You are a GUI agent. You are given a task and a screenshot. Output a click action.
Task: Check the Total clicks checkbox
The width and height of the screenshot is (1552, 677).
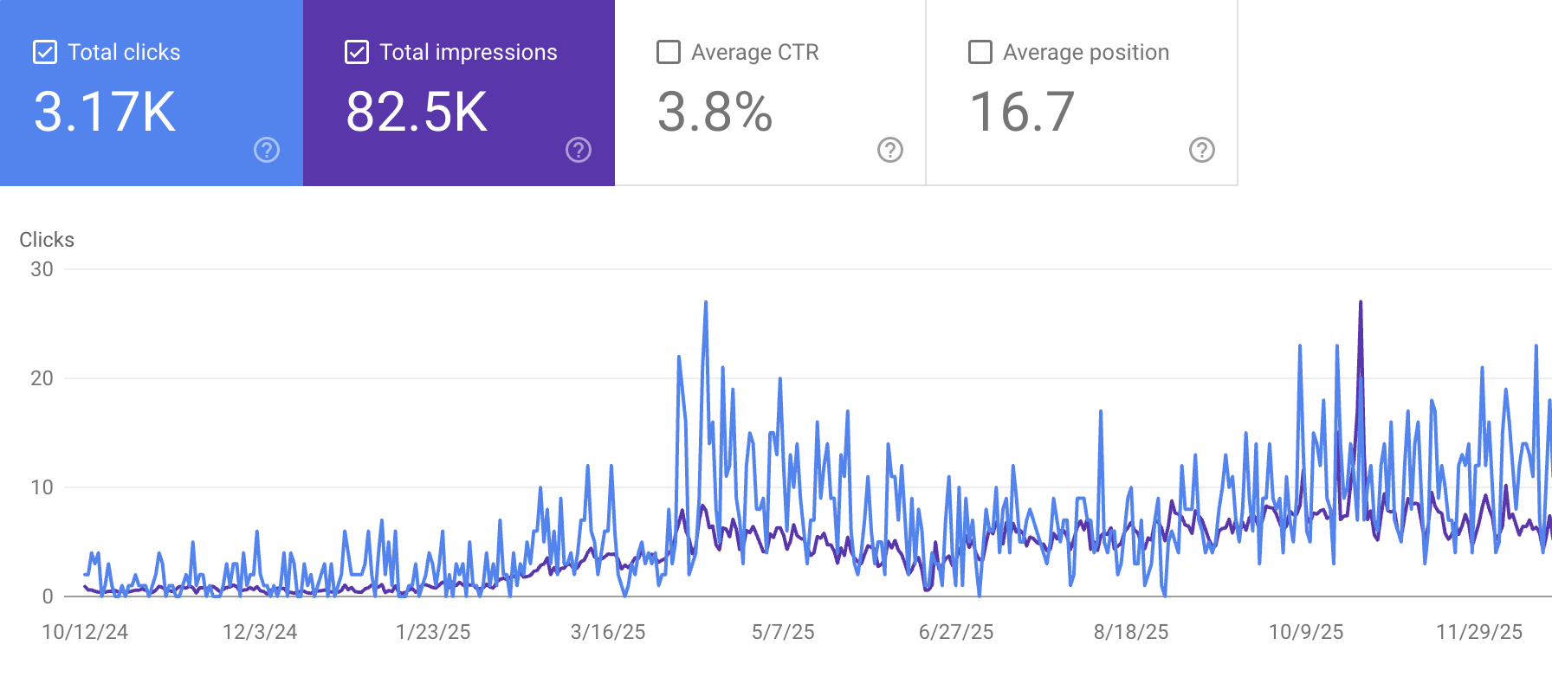(45, 52)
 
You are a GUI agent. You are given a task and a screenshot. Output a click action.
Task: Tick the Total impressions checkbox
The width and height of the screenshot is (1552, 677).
(357, 52)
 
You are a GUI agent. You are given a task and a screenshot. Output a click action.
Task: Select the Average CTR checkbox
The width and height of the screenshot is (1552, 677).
(669, 52)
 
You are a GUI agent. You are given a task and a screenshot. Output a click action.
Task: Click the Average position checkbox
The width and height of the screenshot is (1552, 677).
(980, 52)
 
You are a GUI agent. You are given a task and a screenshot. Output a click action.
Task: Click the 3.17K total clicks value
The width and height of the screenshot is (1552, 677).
(105, 113)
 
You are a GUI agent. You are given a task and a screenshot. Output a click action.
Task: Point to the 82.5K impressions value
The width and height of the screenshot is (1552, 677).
(417, 113)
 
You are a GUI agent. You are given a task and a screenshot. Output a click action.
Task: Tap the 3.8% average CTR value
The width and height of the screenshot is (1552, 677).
(715, 113)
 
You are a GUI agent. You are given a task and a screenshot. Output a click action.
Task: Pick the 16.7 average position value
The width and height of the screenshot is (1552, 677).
(1022, 113)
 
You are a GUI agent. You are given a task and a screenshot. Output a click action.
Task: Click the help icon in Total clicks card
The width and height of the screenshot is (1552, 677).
(267, 150)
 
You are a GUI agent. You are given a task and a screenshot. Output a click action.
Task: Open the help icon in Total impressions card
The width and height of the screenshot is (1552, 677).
(579, 150)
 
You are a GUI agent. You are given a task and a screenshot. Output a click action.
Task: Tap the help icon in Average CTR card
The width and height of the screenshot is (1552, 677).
(890, 150)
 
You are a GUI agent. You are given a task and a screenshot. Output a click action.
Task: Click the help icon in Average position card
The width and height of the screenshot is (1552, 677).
(1202, 150)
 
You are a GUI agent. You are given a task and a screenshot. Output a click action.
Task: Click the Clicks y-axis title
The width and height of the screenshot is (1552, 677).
(47, 240)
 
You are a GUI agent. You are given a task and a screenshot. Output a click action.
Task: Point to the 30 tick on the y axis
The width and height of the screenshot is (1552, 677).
(42, 269)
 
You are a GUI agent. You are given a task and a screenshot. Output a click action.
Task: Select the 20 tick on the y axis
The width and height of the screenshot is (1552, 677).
(42, 378)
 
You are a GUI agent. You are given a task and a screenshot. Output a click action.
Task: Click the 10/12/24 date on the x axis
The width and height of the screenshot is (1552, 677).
(85, 632)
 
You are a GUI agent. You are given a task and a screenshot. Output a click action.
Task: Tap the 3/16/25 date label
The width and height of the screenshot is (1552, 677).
(608, 632)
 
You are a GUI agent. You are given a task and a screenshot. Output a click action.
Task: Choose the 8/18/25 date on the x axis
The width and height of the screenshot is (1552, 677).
(1131, 632)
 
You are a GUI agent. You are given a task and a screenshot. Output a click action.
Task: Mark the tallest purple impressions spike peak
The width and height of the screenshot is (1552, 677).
(1361, 303)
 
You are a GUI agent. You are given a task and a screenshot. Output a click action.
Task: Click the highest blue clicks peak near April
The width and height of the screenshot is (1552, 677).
(706, 303)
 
